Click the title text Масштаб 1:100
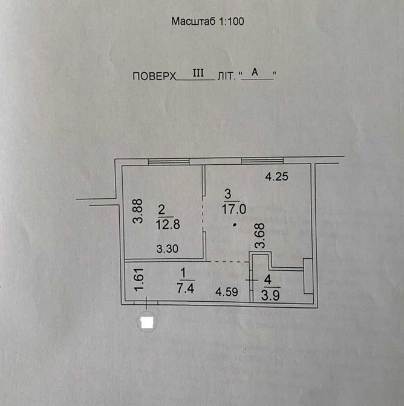pyautogui.click(x=207, y=21)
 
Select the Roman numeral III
pyautogui.click(x=197, y=73)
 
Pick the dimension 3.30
pyautogui.click(x=167, y=248)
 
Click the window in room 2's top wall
pyautogui.click(x=168, y=161)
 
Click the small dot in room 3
pyautogui.click(x=234, y=226)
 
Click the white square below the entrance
pyautogui.click(x=146, y=322)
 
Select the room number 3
pyautogui.click(x=227, y=194)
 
